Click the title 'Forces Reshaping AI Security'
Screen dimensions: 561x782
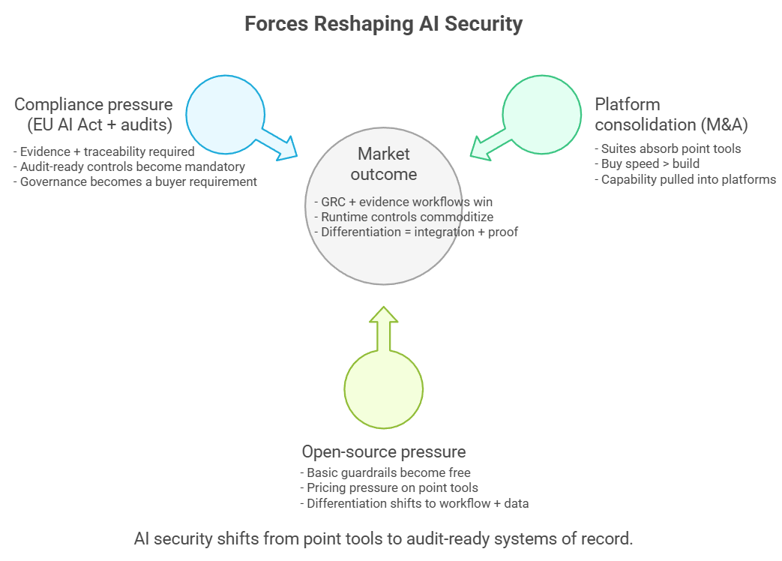pyautogui.click(x=383, y=24)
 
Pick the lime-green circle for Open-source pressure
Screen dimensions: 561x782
pyautogui.click(x=383, y=389)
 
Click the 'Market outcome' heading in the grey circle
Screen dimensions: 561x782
pyautogui.click(x=383, y=163)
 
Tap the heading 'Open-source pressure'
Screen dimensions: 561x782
pyautogui.click(x=383, y=451)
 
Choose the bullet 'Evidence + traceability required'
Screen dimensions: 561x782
pyautogui.click(x=104, y=151)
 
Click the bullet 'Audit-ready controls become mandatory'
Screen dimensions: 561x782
pyautogui.click(x=129, y=166)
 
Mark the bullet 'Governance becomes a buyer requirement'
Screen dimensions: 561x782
pyautogui.click(x=135, y=181)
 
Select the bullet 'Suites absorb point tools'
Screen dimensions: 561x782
pyautogui.click(x=667, y=148)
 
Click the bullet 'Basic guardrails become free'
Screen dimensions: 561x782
pyautogui.click(x=385, y=472)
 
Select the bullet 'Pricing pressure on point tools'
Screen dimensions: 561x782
pyautogui.click(x=389, y=488)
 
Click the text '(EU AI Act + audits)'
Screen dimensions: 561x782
pyautogui.click(x=98, y=124)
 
